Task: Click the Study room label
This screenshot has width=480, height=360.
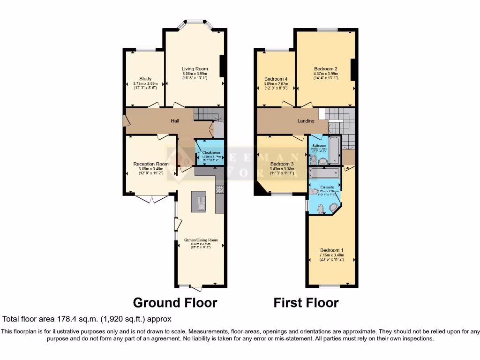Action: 145,78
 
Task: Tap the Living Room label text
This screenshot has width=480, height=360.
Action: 195,69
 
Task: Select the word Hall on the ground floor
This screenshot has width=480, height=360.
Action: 175,121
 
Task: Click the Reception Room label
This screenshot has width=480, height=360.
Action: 150,164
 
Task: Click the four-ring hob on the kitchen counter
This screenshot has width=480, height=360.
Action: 219,189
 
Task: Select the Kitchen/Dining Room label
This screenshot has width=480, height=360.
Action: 201,240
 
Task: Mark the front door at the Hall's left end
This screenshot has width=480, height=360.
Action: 126,120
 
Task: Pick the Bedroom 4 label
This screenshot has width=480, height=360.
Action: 276,78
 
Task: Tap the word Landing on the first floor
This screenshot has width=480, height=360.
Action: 306,121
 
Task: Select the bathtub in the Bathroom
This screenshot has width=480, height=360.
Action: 334,150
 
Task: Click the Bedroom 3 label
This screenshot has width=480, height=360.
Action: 282,164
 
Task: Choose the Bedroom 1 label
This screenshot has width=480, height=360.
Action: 332,250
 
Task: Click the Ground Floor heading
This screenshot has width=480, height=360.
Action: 175,303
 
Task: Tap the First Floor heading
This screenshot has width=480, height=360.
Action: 306,303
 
